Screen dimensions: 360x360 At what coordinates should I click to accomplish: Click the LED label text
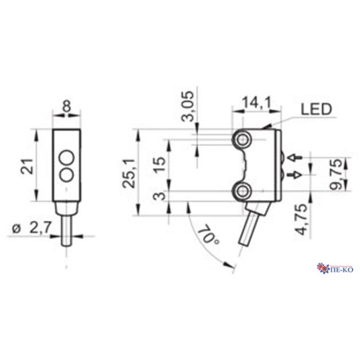[316, 109]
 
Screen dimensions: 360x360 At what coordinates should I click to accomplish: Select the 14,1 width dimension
[257, 102]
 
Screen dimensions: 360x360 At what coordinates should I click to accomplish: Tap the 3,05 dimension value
[188, 106]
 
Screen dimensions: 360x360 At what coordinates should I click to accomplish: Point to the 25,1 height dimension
[129, 173]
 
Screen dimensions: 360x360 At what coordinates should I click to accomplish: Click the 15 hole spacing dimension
[160, 164]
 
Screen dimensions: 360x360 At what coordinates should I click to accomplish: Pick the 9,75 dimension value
[337, 174]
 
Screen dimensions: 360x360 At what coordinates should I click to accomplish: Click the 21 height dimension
[28, 166]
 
